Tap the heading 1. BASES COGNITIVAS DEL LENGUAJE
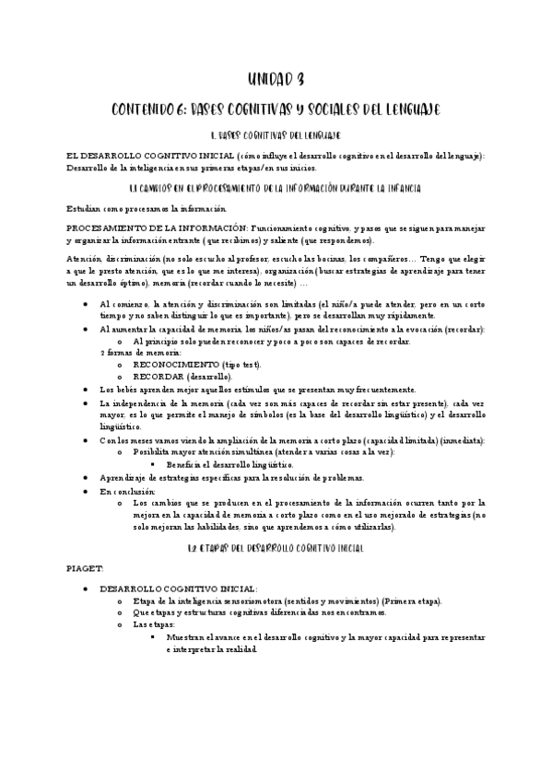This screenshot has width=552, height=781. pos(276,136)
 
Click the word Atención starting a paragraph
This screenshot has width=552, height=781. pos(85,260)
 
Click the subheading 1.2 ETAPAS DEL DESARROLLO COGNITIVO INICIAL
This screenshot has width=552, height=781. pos(276,548)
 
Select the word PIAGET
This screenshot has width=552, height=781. pos(87,570)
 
